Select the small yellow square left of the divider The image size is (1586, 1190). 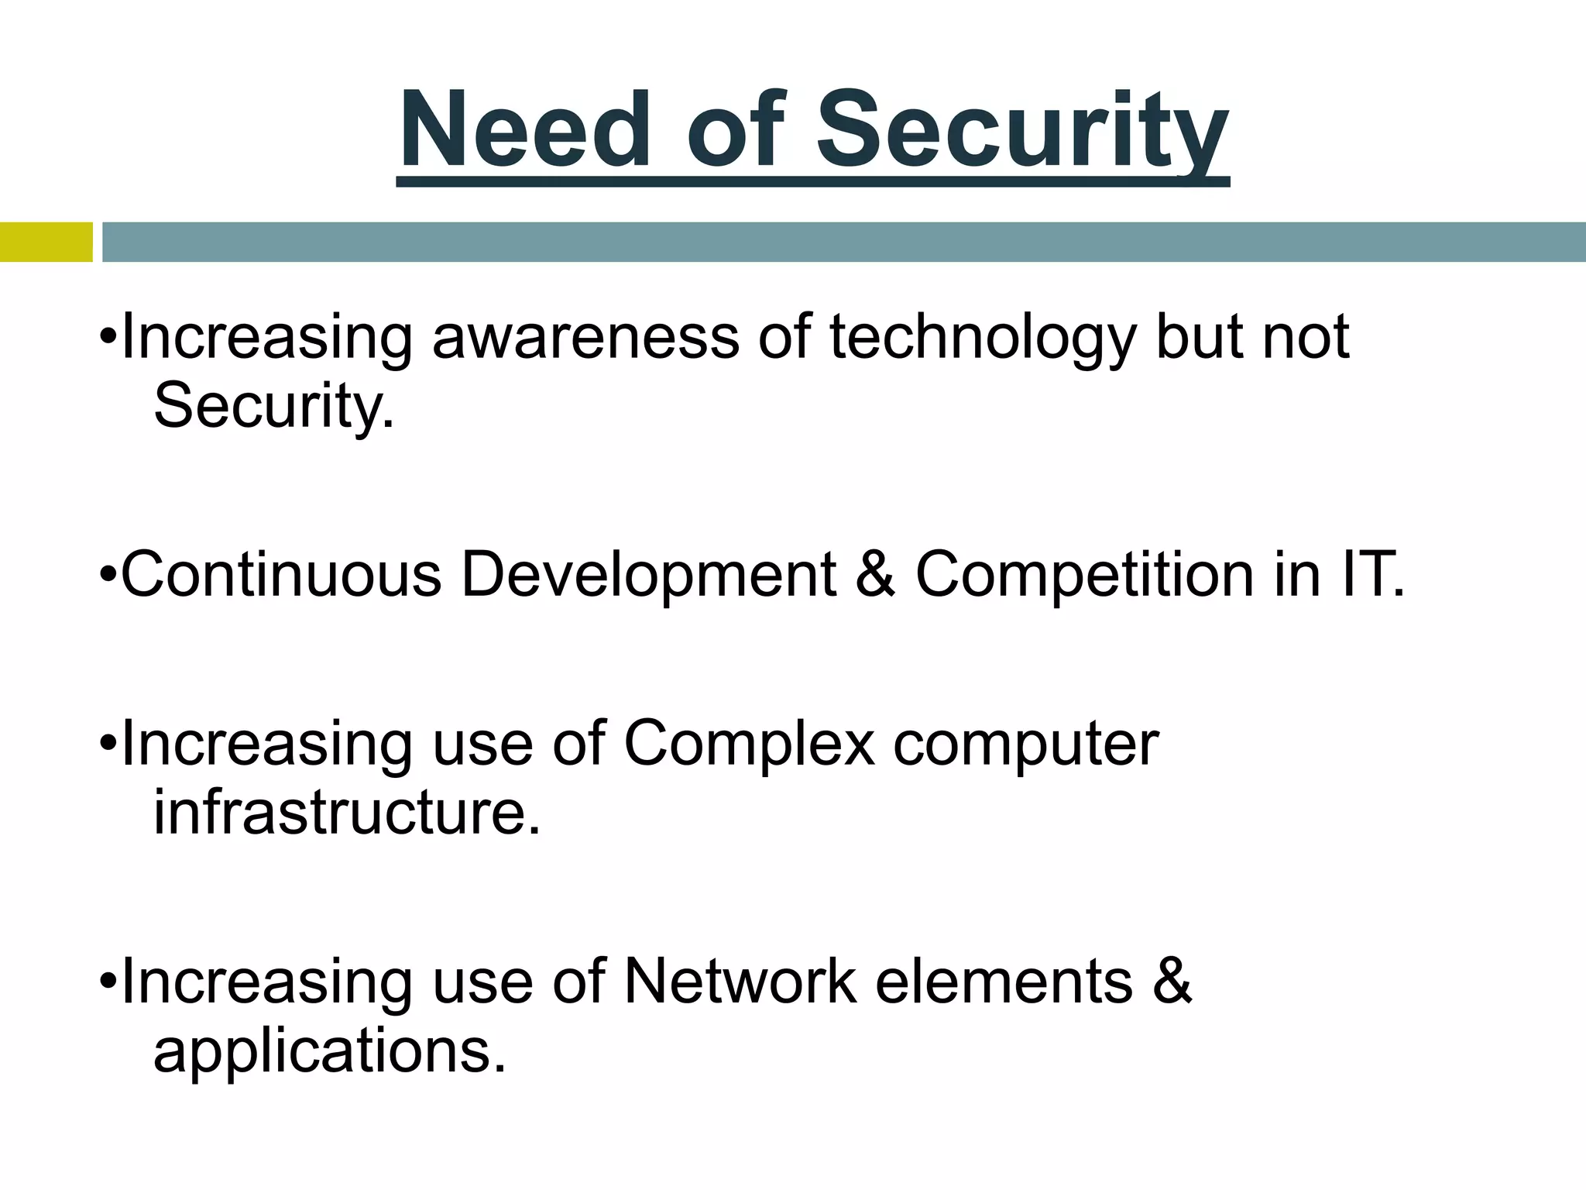(x=46, y=242)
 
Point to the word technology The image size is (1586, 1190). (x=982, y=339)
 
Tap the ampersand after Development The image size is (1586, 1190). (x=876, y=575)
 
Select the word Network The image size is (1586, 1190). (x=740, y=982)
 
